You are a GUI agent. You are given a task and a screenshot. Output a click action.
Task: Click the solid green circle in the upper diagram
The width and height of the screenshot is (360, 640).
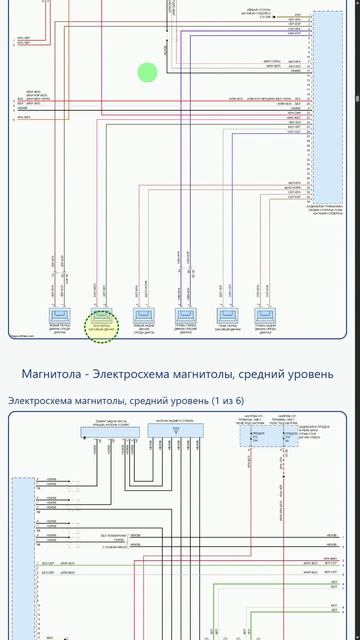pos(147,72)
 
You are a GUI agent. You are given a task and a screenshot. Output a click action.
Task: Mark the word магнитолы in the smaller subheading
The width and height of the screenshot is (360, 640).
pos(97,400)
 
